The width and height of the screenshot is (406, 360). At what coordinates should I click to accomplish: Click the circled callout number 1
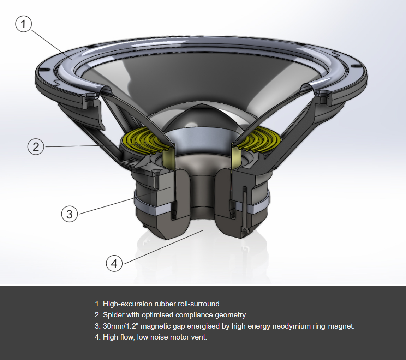point(24,24)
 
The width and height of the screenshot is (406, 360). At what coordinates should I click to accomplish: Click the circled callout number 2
point(36,147)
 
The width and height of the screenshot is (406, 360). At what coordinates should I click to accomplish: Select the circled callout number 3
point(69,214)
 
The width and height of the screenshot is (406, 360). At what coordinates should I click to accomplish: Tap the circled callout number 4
point(114,263)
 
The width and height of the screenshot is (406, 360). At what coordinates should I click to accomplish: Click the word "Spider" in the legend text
point(113,315)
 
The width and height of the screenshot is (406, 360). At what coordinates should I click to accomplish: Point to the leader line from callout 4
point(162,246)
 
